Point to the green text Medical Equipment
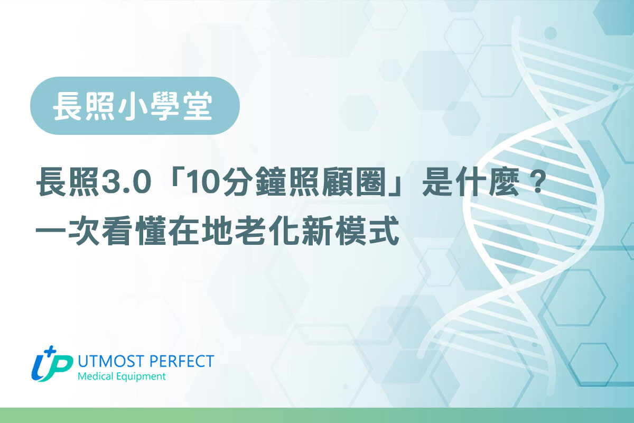point(121,377)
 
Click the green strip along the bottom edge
point(317,416)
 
